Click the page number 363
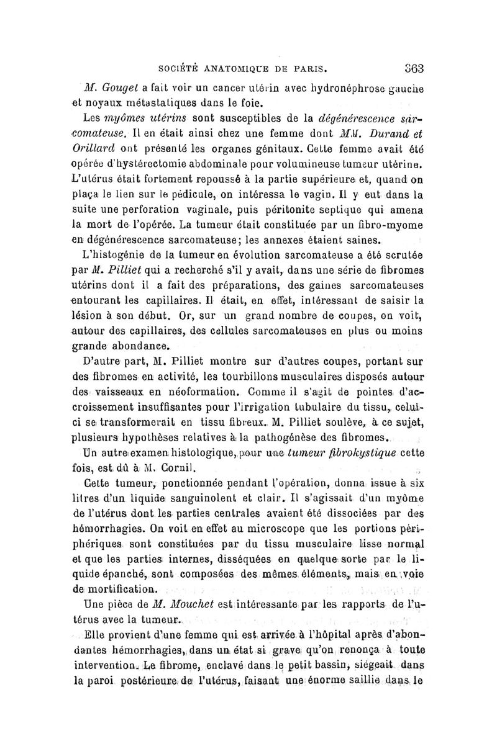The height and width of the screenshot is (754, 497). pos(412,68)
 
